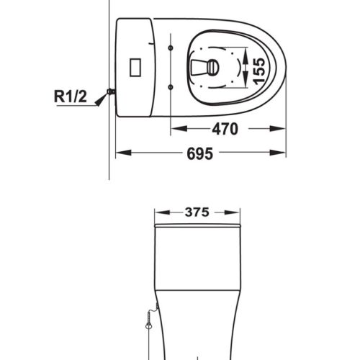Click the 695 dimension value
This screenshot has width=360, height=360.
(x=199, y=153)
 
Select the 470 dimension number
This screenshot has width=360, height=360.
(x=225, y=129)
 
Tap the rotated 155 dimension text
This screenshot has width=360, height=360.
(x=259, y=71)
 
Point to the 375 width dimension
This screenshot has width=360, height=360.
(x=197, y=212)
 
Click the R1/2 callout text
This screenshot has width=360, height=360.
(x=71, y=96)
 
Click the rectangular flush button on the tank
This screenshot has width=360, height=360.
(x=135, y=67)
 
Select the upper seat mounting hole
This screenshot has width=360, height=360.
(x=171, y=48)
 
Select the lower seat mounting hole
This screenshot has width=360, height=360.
(x=171, y=87)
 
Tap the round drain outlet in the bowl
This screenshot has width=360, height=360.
(x=213, y=68)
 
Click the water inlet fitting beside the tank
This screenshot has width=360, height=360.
(x=111, y=91)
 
